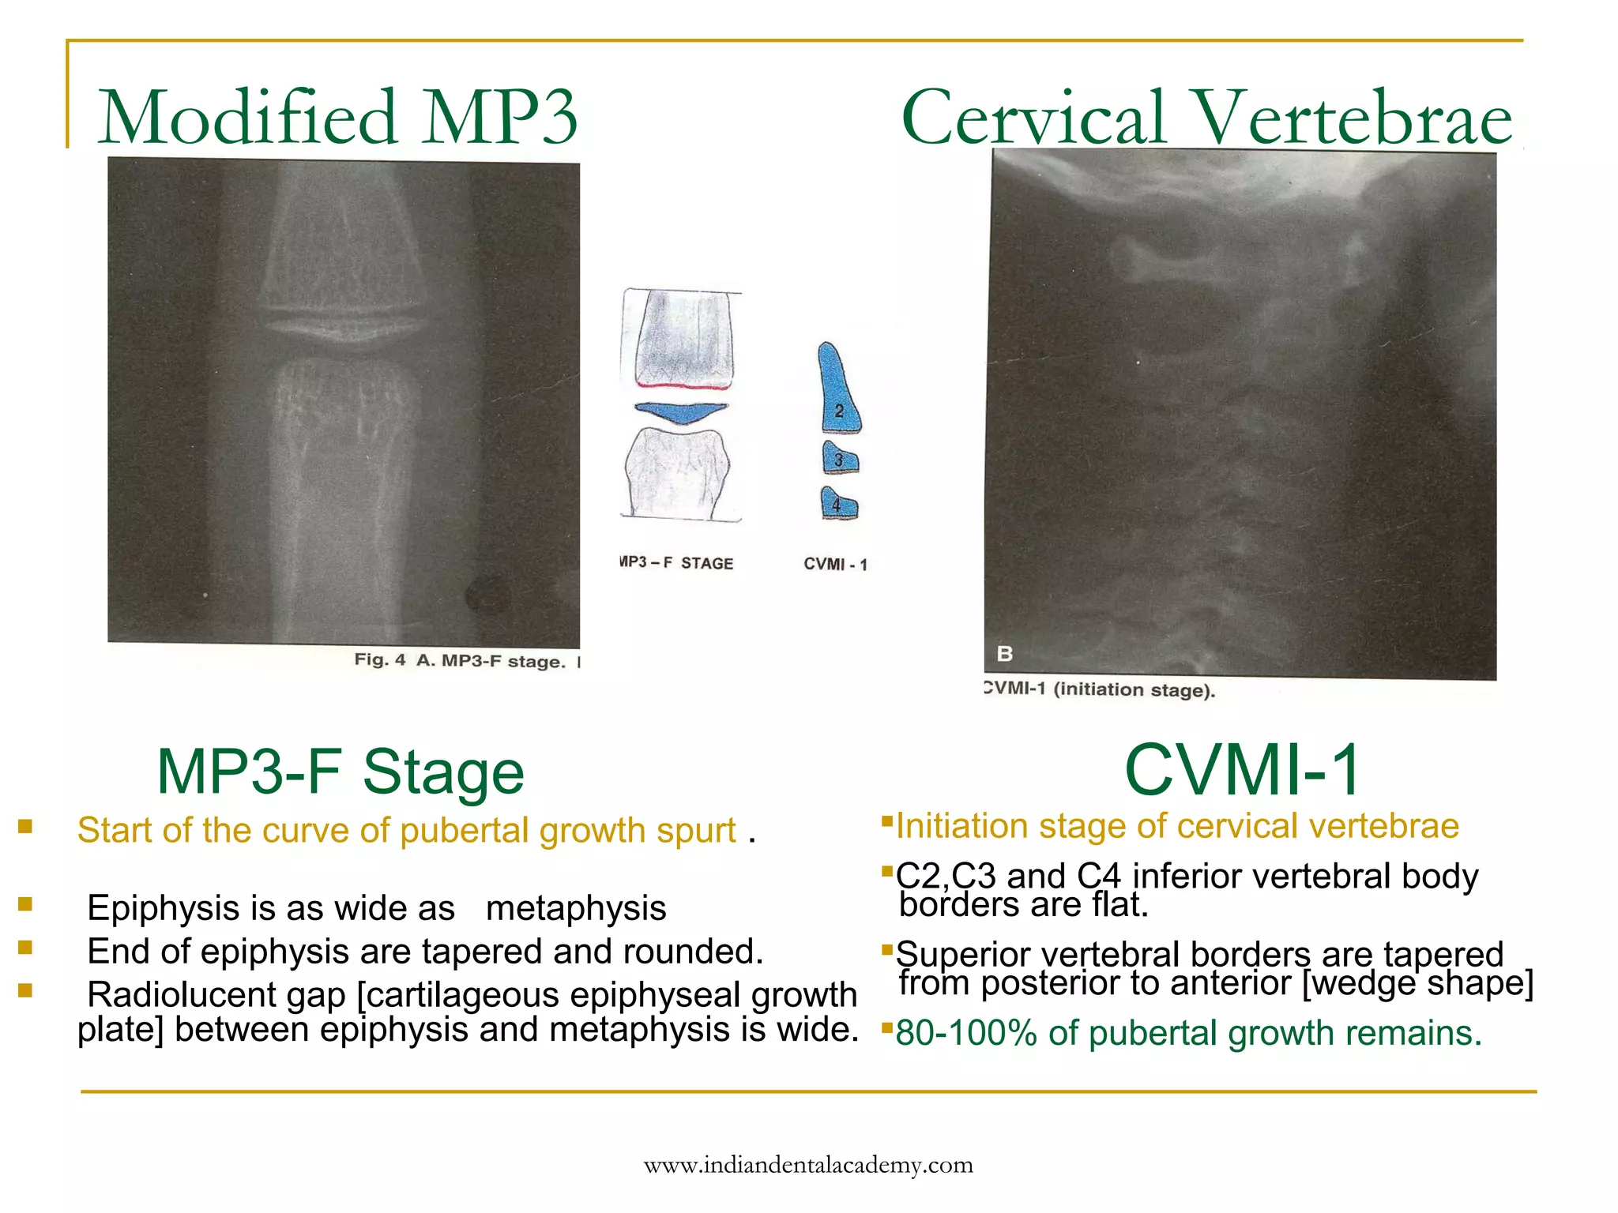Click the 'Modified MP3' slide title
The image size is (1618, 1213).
(337, 118)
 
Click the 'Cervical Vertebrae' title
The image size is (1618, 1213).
(1206, 118)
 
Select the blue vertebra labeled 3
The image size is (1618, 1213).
(840, 457)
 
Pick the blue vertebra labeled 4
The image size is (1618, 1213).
(839, 503)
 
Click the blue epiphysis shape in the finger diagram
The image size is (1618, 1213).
(680, 411)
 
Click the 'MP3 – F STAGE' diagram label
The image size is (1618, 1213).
(677, 563)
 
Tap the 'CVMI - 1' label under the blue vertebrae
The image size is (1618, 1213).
(835, 564)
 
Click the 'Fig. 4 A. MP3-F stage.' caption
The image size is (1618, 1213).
(460, 660)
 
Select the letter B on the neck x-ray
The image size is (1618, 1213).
(1005, 654)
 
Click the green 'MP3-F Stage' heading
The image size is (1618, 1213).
(341, 771)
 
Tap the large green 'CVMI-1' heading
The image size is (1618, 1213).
(1242, 769)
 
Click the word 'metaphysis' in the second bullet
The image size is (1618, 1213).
(576, 908)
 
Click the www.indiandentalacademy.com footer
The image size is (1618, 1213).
(808, 1165)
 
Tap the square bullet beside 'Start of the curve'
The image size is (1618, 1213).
(25, 826)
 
